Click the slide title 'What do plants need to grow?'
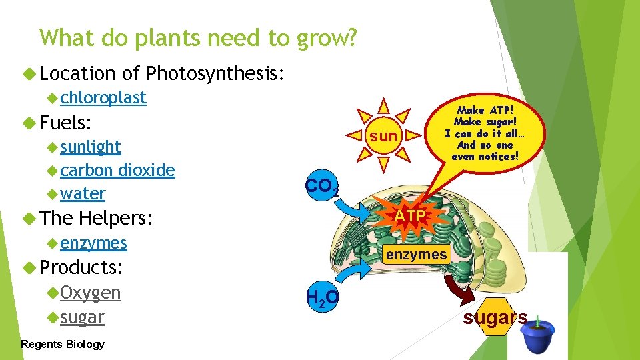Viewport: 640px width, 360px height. tap(198, 38)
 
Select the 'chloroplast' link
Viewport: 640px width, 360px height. tap(103, 97)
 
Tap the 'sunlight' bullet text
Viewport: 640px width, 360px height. tap(91, 147)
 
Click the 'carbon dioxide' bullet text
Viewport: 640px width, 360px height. tap(117, 170)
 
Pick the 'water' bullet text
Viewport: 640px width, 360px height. tap(83, 194)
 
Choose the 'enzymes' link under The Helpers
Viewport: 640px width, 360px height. tap(93, 243)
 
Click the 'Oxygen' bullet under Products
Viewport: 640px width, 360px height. tap(91, 293)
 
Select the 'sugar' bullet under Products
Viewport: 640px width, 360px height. tap(82, 317)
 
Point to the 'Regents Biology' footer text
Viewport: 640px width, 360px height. tap(63, 344)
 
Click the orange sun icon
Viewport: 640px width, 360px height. tap(383, 136)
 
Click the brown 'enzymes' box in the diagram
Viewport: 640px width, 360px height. tap(416, 254)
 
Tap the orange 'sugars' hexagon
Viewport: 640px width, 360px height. tap(494, 318)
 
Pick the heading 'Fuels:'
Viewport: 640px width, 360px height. tap(65, 123)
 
